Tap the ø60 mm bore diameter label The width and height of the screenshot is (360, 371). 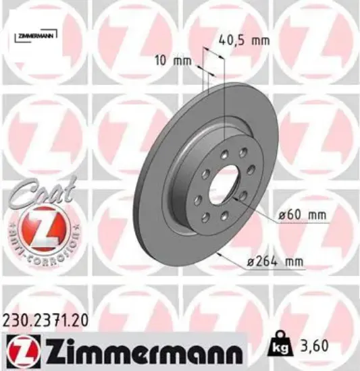coord(303,215)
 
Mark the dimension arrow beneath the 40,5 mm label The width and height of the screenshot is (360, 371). coord(213,64)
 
